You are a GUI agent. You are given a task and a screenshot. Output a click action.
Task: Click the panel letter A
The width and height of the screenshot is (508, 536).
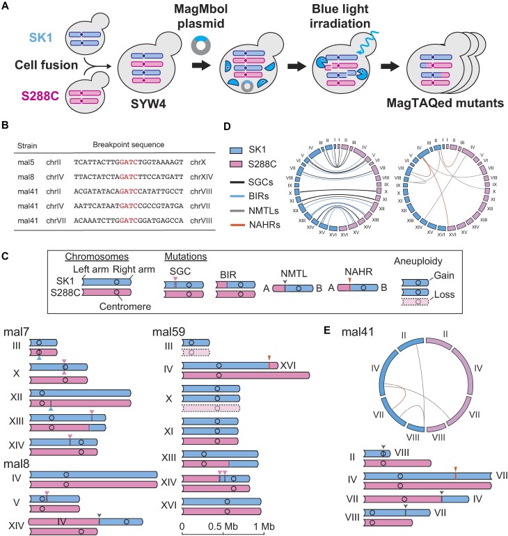tap(7, 6)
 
